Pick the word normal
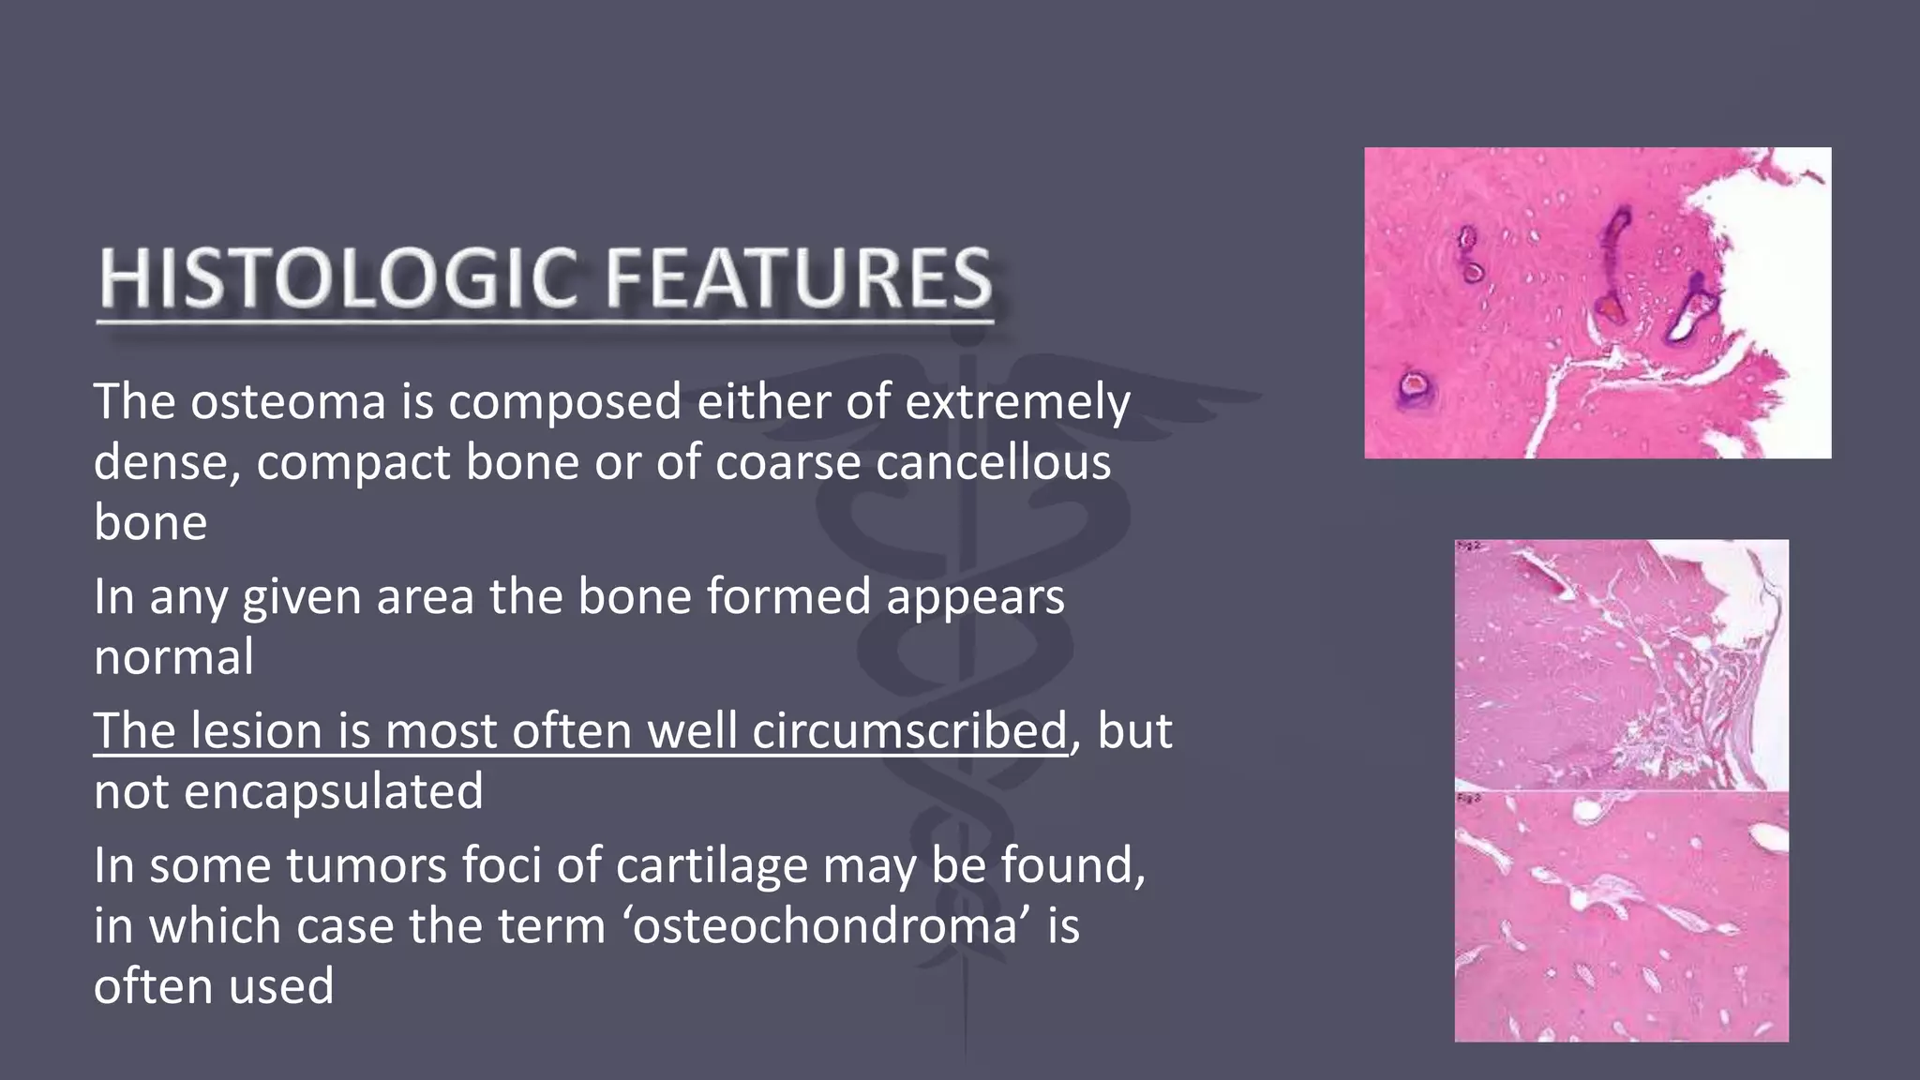pyautogui.click(x=173, y=656)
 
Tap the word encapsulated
pyautogui.click(x=334, y=791)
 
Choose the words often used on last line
pyautogui.click(x=214, y=986)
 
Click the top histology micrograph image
pyautogui.click(x=1597, y=302)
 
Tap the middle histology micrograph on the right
pyautogui.click(x=1621, y=665)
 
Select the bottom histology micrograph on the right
pyautogui.click(x=1621, y=916)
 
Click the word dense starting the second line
pyautogui.click(x=160, y=463)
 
